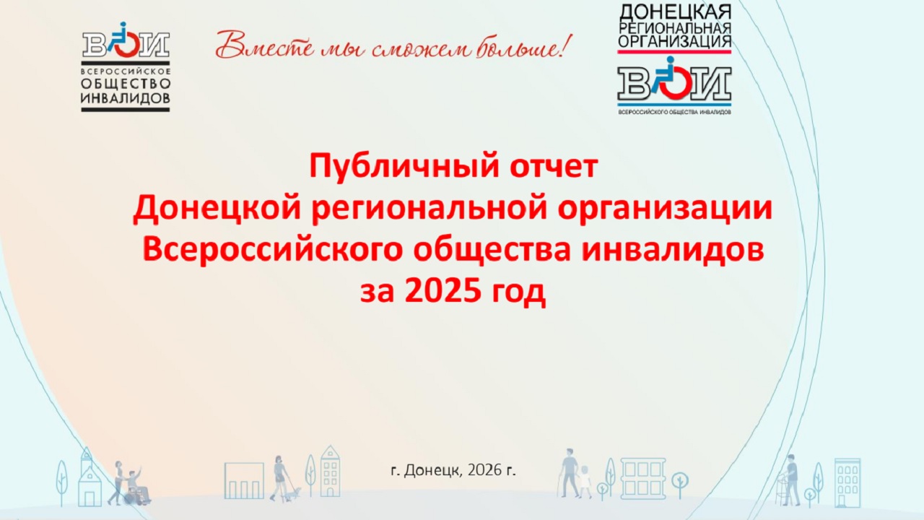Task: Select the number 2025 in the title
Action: [443, 291]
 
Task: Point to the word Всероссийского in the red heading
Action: [272, 250]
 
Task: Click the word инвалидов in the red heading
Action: [673, 250]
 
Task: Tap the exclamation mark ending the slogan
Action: [567, 45]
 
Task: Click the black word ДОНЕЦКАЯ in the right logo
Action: [675, 12]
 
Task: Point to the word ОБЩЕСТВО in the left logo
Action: [126, 84]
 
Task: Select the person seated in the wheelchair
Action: [137, 486]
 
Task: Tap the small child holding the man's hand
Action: [585, 481]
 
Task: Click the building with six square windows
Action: [642, 479]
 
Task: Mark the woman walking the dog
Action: [279, 479]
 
